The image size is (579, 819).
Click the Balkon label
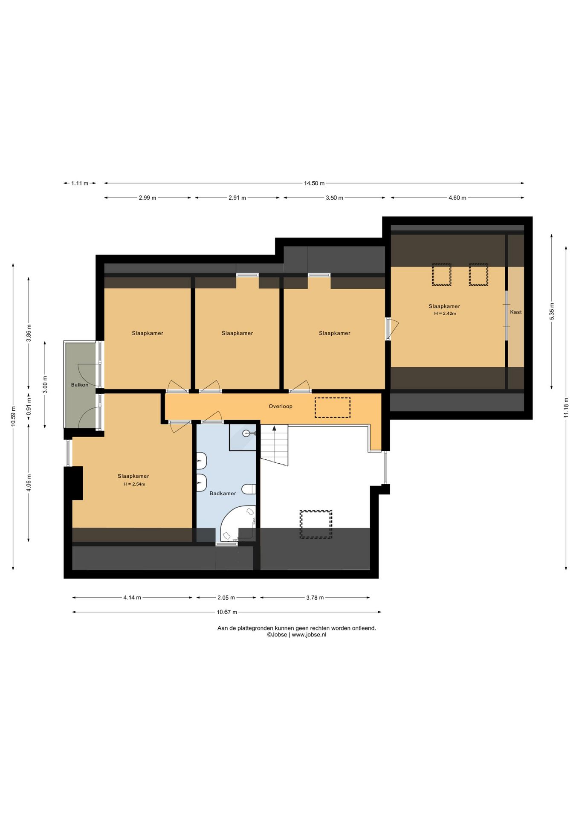80,385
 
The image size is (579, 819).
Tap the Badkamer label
223,494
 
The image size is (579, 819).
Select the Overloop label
281,407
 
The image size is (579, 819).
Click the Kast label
516,312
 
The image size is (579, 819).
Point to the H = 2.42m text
445,314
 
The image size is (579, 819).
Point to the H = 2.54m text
134,484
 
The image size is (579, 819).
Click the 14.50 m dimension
314,183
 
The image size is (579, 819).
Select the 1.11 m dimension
80,183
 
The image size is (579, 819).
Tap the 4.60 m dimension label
457,198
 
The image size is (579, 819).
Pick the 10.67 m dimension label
227,612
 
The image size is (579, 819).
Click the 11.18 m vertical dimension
566,408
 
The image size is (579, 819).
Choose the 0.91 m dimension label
29,407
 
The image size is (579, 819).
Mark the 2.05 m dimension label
226,598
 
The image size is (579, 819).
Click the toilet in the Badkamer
249,489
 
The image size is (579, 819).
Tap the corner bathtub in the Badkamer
237,524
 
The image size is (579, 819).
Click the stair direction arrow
275,428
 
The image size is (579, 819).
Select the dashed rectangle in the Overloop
333,407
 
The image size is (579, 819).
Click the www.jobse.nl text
309,635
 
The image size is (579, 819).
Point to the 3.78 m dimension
315,598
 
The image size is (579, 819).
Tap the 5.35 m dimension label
552,311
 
